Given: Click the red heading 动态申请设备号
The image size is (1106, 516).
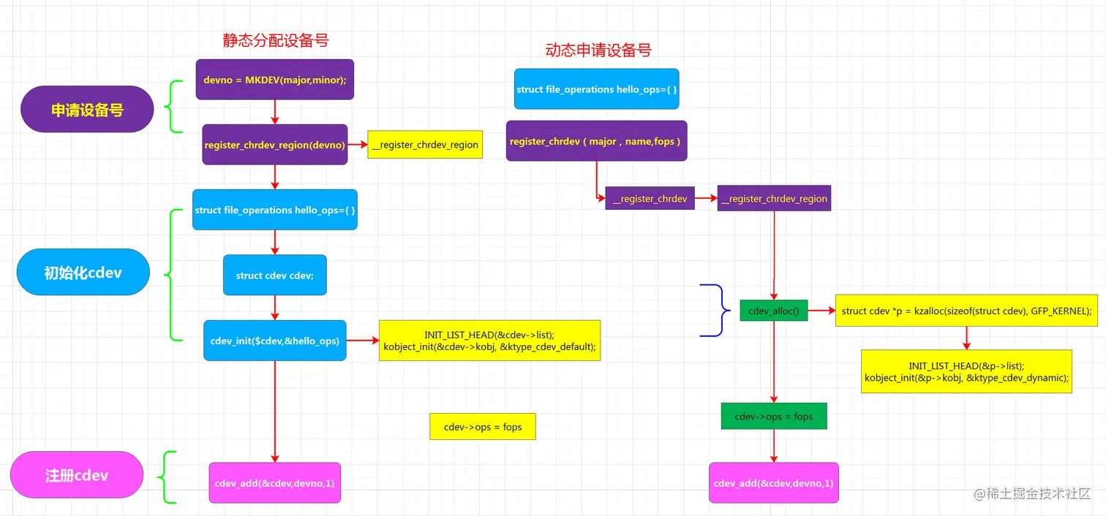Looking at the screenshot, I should click(598, 50).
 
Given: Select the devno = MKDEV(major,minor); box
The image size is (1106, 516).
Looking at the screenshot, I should click(274, 79).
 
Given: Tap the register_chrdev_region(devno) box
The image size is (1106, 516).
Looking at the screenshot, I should click(274, 145).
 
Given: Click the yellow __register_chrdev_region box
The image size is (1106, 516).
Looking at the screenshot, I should click(424, 145).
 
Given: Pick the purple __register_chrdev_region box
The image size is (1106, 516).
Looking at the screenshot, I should click(774, 198).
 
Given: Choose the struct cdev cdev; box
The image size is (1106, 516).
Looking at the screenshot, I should click(274, 275).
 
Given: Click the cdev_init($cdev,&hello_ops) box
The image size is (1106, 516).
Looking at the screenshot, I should click(274, 340).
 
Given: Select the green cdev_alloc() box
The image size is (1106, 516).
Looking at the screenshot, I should click(773, 311).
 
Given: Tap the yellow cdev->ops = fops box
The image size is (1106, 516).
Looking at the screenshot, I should click(482, 426).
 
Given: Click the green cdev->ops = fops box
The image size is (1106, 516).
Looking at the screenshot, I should click(773, 416).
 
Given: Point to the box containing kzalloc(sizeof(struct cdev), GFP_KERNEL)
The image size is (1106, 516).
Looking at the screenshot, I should click(966, 311).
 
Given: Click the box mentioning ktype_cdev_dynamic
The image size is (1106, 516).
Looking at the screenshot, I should click(966, 371).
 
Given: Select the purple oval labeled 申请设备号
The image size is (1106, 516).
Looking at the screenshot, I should click(86, 110).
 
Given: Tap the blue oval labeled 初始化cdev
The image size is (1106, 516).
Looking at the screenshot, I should click(83, 273).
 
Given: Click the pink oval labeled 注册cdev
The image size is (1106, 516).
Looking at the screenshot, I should click(76, 475).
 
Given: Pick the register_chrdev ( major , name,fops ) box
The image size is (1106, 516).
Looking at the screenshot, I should click(595, 141).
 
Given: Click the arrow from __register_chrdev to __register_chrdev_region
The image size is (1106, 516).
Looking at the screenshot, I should click(706, 198).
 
